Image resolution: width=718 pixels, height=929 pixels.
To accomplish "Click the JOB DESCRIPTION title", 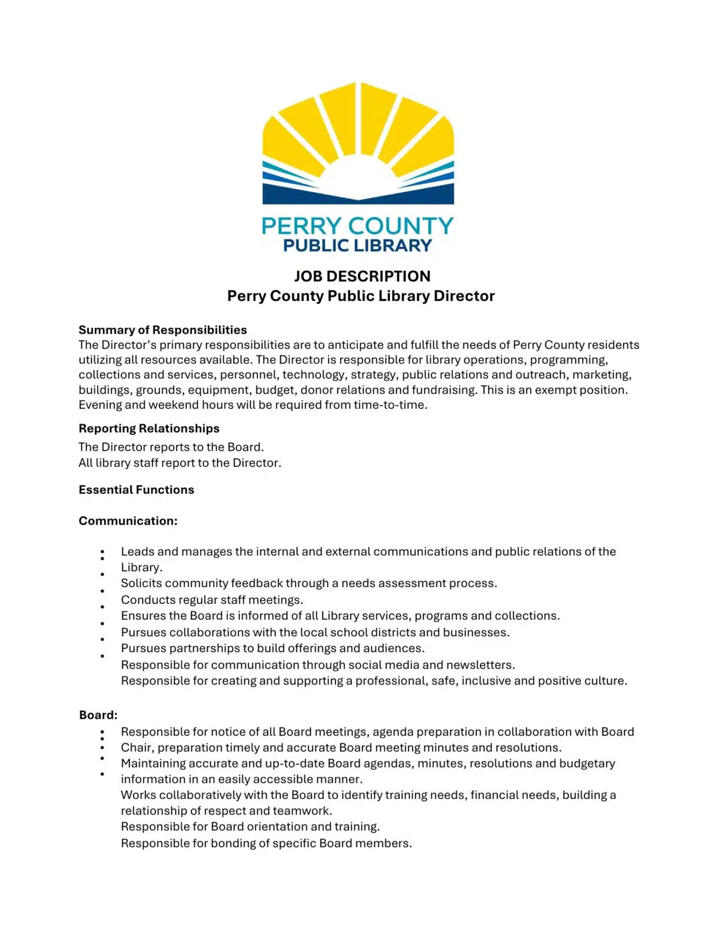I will pyautogui.click(x=362, y=276).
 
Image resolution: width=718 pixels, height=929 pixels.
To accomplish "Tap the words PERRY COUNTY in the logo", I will pyautogui.click(x=357, y=226).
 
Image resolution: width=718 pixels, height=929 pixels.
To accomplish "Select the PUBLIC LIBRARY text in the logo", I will pyautogui.click(x=357, y=246).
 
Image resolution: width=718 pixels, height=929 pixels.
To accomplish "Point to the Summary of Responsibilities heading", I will pyautogui.click(x=163, y=330).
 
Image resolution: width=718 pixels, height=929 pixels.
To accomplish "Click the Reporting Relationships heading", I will pyautogui.click(x=149, y=428).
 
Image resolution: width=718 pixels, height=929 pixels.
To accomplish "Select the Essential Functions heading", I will pyautogui.click(x=136, y=489).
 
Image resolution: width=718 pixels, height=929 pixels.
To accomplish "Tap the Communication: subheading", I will pyautogui.click(x=128, y=521).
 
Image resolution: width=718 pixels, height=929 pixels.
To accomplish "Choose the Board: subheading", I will pyautogui.click(x=98, y=715).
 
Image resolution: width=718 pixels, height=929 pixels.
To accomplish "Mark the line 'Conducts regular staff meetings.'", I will pyautogui.click(x=212, y=600).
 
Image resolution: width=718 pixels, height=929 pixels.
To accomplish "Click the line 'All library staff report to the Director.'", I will pyautogui.click(x=179, y=463).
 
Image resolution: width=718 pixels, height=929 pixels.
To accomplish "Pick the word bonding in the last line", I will pyautogui.click(x=232, y=843).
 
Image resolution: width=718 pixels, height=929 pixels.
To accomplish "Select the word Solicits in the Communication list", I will pyautogui.click(x=141, y=583).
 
